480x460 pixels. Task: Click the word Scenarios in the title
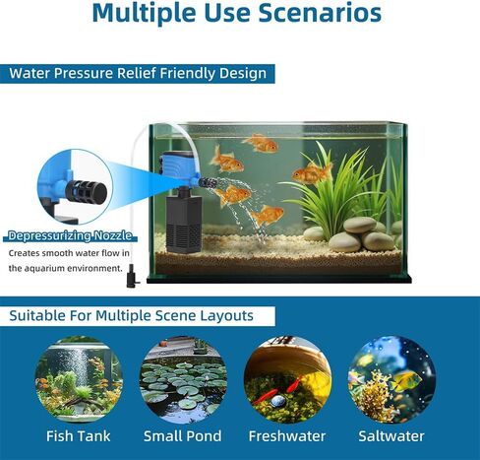click(x=320, y=13)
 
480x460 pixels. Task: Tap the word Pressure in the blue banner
click(x=84, y=73)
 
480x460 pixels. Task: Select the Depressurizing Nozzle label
click(x=70, y=235)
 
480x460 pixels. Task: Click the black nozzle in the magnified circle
click(x=87, y=192)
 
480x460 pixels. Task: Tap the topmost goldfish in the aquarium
click(x=261, y=143)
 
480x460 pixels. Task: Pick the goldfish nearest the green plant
click(x=312, y=172)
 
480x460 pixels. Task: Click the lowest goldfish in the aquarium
click(x=266, y=215)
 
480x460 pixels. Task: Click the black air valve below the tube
click(x=133, y=276)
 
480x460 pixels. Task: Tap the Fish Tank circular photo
click(x=79, y=379)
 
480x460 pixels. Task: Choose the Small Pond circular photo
click(x=183, y=379)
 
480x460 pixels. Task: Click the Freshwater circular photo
click(x=287, y=379)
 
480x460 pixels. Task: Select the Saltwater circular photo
click(x=391, y=379)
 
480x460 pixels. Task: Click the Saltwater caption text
click(x=391, y=436)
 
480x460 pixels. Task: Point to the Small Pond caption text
click(x=183, y=436)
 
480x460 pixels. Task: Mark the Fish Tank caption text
click(x=79, y=436)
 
